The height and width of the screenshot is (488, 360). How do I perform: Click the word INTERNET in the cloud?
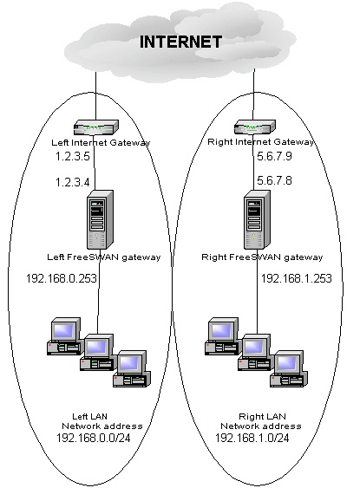point(180,42)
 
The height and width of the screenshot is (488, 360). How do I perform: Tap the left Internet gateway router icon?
point(96,127)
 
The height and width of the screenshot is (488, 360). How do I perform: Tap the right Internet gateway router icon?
point(255,127)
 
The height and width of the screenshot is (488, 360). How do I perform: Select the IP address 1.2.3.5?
point(73,156)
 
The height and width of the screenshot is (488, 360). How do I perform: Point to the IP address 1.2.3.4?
point(73,182)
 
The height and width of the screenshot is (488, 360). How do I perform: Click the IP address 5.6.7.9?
point(274,156)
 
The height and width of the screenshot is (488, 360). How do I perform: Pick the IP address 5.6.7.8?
point(274,180)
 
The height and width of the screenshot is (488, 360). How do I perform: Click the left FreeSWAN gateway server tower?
point(100,219)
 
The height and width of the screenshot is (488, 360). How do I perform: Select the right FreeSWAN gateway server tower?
point(257,219)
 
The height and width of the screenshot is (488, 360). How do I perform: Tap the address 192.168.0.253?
point(62,278)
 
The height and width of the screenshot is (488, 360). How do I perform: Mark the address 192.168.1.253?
point(297,278)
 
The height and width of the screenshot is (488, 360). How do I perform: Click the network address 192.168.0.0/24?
point(94,438)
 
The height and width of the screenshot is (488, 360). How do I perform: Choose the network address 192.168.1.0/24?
point(252,438)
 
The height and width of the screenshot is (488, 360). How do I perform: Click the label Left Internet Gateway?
point(101,142)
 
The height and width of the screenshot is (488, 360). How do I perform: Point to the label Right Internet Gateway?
point(260,142)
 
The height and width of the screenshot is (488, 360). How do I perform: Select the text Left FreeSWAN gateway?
point(104,257)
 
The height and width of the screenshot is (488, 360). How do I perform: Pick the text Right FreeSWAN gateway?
point(262,257)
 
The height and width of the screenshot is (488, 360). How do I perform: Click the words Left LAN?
point(89,416)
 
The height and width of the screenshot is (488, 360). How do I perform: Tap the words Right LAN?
point(262,416)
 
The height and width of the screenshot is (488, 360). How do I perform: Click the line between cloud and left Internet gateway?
point(95,96)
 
